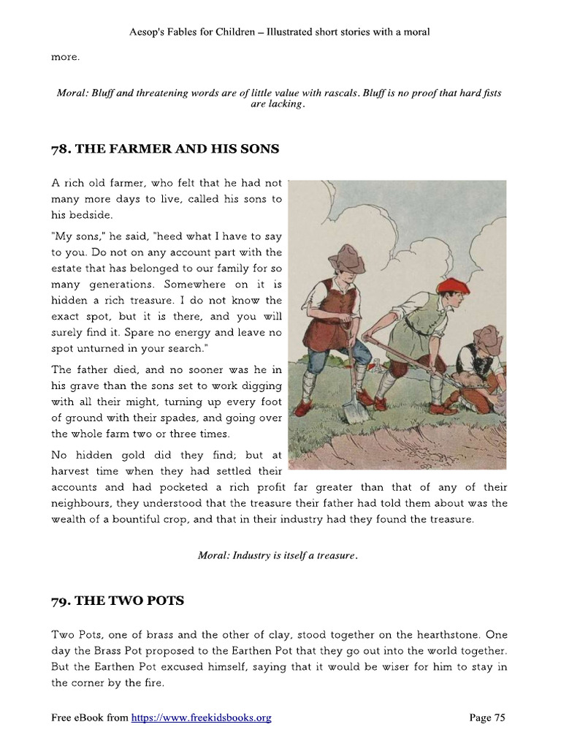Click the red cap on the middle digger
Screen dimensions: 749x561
pos(453,285)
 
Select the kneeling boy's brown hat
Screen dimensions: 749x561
pos(487,337)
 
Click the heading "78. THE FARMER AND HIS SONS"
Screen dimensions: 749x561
pos(165,149)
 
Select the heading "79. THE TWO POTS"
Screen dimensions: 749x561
pos(118,601)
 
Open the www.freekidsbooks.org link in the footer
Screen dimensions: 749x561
pos(201,718)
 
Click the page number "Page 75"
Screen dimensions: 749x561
pos(486,718)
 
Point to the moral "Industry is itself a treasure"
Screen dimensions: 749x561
pos(278,555)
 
